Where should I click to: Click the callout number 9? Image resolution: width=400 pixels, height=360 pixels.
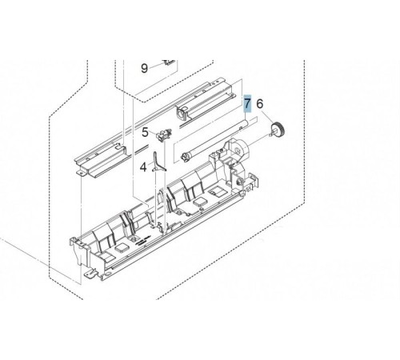[x=144, y=69]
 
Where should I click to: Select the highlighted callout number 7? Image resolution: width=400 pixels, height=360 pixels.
[x=248, y=103]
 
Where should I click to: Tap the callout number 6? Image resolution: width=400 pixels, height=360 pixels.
[x=260, y=103]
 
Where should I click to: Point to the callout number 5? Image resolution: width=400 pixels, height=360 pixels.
[x=145, y=132]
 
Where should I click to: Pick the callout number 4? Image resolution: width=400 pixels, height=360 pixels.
[x=143, y=167]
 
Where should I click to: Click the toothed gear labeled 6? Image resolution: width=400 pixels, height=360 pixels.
[x=278, y=130]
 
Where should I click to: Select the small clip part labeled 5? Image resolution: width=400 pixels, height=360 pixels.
[x=163, y=134]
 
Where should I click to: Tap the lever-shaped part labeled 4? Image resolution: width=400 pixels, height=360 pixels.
[x=158, y=162]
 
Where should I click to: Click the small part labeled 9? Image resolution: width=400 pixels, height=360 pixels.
[x=170, y=62]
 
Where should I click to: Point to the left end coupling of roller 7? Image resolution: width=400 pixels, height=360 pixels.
[x=184, y=156]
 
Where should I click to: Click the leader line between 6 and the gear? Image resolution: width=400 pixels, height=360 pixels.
[x=267, y=117]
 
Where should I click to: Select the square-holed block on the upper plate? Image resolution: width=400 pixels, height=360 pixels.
[x=182, y=113]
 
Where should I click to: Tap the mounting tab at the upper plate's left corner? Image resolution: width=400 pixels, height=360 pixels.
[x=82, y=174]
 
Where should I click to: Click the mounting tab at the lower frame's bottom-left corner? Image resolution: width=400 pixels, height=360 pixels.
[x=90, y=274]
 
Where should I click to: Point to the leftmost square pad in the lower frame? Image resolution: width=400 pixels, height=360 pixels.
[x=121, y=249]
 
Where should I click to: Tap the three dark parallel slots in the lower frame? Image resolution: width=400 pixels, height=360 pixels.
[x=142, y=241]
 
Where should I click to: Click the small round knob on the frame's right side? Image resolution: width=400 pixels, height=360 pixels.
[x=239, y=182]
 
